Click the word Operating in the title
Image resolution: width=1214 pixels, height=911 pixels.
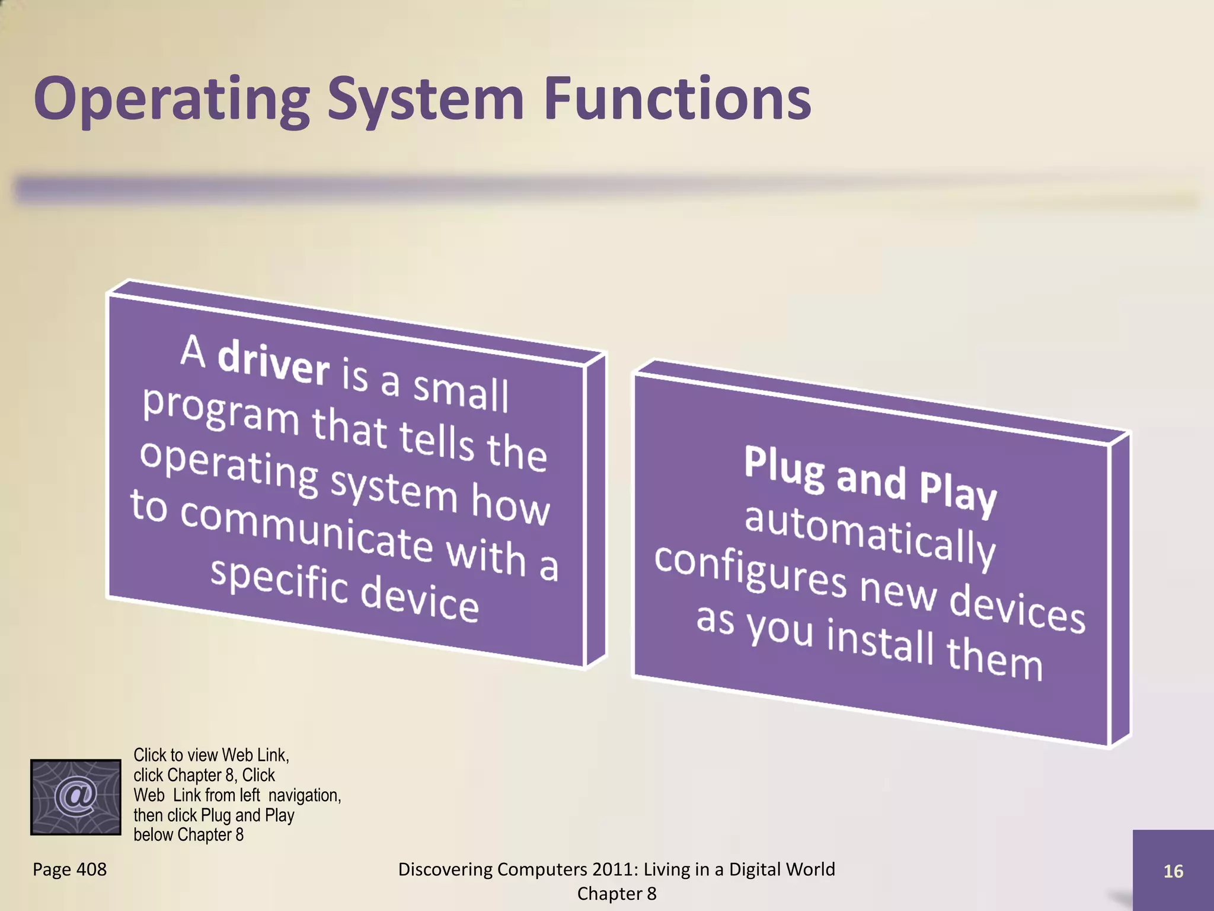coord(172,99)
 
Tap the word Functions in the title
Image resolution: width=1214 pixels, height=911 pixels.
coord(677,99)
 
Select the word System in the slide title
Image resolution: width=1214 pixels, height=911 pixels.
coord(426,99)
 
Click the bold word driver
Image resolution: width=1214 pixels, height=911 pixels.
coord(273,362)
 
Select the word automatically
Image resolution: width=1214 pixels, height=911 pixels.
coord(870,534)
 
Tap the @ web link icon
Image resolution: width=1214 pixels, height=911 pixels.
coord(76,797)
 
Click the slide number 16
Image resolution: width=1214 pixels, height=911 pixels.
coord(1173,871)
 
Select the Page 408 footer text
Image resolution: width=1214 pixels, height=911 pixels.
coord(69,869)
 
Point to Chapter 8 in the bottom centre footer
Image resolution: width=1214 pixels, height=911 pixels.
coord(616,893)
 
